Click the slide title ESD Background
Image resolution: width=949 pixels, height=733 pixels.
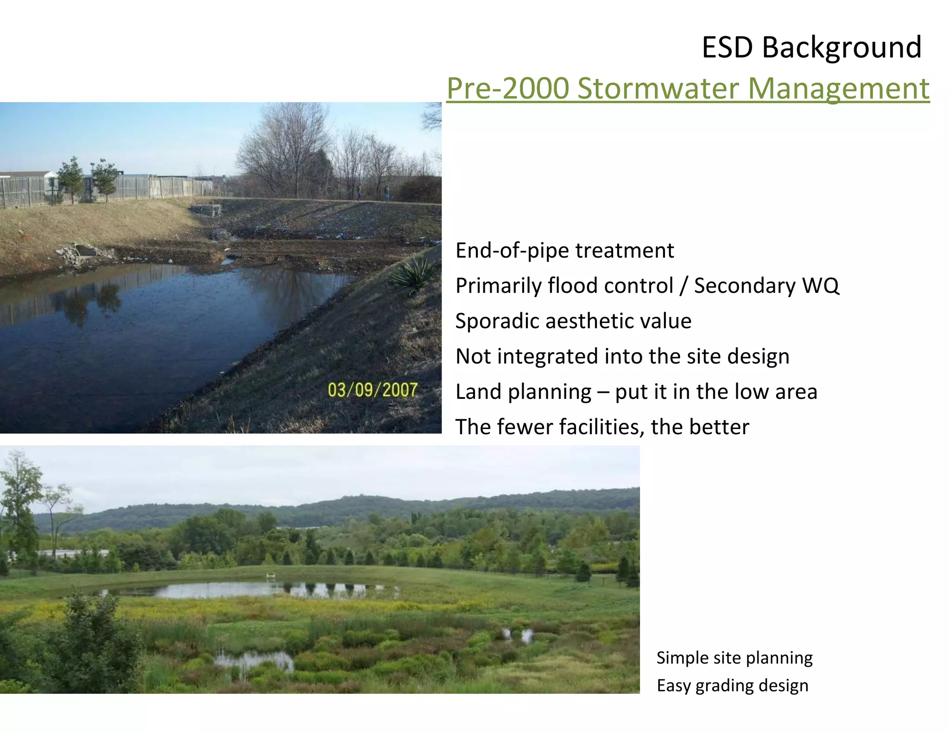coord(811,47)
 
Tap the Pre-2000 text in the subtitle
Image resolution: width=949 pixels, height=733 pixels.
coord(507,88)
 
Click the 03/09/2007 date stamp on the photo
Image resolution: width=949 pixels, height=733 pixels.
coord(373,390)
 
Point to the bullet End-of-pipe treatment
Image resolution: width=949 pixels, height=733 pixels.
coord(564,251)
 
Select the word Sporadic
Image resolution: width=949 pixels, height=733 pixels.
coord(497,321)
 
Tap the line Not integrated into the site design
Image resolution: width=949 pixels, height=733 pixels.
coord(622,356)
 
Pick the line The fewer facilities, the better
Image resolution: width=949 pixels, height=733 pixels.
coord(601,427)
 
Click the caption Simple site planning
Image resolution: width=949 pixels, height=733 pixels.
coord(734,658)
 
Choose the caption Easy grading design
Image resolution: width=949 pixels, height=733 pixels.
coord(732,686)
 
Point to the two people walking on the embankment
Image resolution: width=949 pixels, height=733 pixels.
coord(372,193)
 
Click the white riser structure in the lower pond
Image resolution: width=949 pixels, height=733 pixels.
coord(271,576)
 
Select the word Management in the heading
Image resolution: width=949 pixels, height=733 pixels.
coord(838,88)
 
